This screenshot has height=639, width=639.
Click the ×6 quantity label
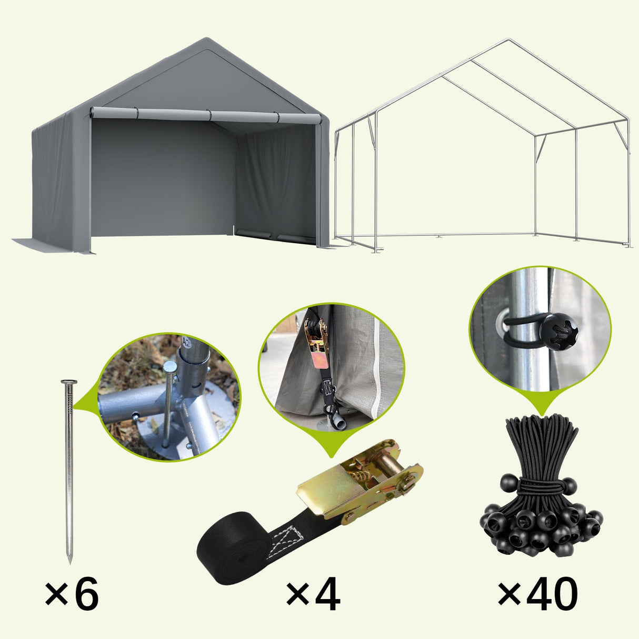click(x=72, y=594)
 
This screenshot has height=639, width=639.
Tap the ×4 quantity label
click(x=313, y=594)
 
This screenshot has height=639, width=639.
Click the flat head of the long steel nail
click(x=69, y=382)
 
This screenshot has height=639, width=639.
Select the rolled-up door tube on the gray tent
click(x=205, y=115)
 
